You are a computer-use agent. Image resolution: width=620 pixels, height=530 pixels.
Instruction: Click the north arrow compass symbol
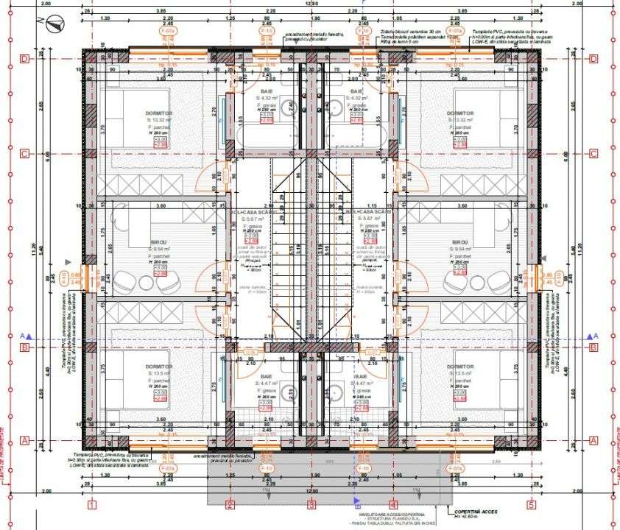(52, 25)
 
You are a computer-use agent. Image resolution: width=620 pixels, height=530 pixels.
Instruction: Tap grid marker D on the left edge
(25, 58)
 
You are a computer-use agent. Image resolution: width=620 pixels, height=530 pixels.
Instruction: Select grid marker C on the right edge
(593, 154)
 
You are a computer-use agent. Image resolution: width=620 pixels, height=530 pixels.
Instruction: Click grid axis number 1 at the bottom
(92, 505)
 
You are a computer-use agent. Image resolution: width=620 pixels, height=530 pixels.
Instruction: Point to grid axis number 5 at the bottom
(529, 505)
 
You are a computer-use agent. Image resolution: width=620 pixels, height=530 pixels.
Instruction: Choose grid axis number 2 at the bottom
(230, 505)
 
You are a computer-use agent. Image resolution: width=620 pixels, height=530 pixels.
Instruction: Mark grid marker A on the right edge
(593, 440)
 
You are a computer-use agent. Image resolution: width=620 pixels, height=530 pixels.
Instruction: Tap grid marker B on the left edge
(25, 347)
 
